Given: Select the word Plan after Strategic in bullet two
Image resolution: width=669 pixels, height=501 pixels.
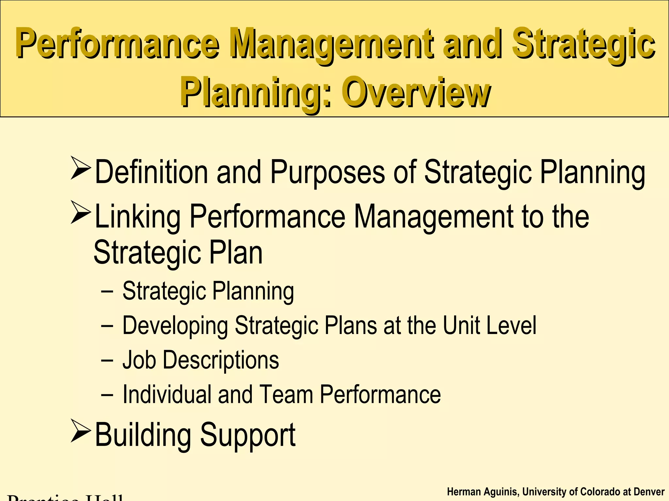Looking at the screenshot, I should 236,252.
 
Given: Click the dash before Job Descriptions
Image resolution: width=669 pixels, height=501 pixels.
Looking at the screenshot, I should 107,360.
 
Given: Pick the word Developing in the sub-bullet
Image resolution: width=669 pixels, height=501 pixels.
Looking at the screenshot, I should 175,326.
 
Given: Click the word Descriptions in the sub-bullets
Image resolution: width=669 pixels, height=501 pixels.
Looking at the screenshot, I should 221,360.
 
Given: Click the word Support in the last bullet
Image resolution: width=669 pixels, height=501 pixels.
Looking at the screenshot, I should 248,435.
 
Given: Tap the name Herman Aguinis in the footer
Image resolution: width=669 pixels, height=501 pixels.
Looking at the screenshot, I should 482,492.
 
